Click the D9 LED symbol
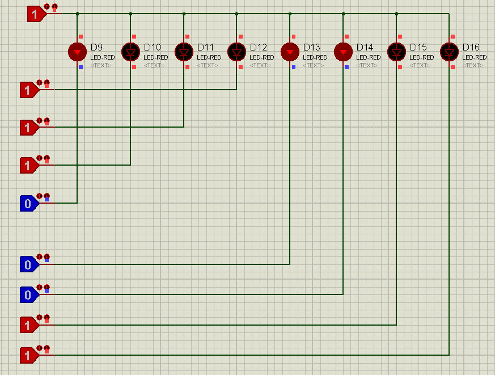[x=77, y=52]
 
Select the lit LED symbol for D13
[x=290, y=52]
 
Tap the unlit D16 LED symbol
[x=449, y=52]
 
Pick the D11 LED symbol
[x=184, y=52]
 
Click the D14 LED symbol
[x=343, y=52]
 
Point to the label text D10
[x=152, y=48]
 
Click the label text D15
[x=418, y=48]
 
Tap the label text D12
[x=258, y=48]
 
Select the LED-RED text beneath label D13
[x=315, y=57]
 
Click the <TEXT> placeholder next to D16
[x=472, y=65]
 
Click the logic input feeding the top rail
[x=37, y=14]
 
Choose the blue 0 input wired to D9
[x=29, y=204]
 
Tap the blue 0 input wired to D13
[x=29, y=264]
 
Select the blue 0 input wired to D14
[x=29, y=295]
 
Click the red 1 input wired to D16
[x=29, y=355]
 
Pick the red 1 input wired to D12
[x=29, y=90]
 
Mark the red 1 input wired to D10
[x=29, y=166]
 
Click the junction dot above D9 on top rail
[x=77, y=14]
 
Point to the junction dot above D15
[x=396, y=14]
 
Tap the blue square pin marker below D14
[x=346, y=68]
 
